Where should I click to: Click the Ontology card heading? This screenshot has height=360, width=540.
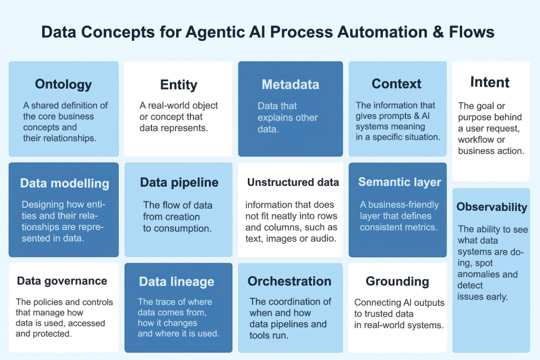pyautogui.click(x=63, y=84)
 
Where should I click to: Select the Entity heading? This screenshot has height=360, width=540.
pyautogui.click(x=178, y=85)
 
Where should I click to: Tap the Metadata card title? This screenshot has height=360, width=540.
pyautogui.click(x=290, y=84)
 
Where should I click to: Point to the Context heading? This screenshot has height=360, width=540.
pyautogui.click(x=397, y=84)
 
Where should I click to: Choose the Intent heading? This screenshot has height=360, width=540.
pyautogui.click(x=490, y=82)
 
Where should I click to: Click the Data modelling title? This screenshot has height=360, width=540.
pyautogui.click(x=64, y=183)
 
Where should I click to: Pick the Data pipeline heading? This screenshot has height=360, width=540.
pyautogui.click(x=179, y=182)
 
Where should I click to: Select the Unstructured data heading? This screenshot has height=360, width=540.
pyautogui.click(x=293, y=183)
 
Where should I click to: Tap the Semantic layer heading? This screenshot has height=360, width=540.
pyautogui.click(x=400, y=182)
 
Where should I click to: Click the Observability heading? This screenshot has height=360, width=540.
pyautogui.click(x=491, y=207)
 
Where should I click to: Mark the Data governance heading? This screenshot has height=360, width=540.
pyautogui.click(x=62, y=281)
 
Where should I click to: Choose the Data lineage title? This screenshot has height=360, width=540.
pyautogui.click(x=177, y=282)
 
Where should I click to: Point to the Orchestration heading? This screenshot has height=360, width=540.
pyautogui.click(x=290, y=281)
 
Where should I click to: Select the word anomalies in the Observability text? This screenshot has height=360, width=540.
pyautogui.click(x=480, y=275)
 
